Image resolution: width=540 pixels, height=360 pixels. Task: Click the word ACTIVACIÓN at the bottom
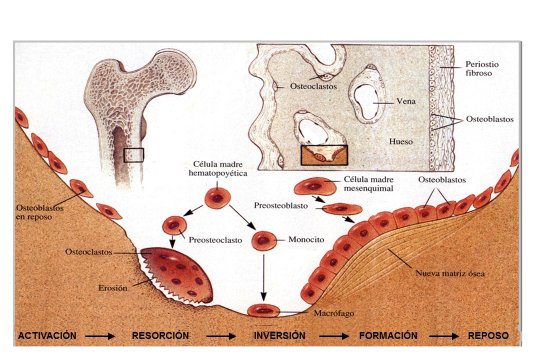point(47,336)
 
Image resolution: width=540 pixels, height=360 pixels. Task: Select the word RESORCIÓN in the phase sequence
point(160,336)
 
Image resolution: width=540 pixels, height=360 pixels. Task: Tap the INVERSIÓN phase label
point(279,336)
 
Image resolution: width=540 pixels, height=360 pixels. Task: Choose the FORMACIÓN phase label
point(388,336)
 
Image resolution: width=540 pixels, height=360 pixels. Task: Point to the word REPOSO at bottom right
point(488,336)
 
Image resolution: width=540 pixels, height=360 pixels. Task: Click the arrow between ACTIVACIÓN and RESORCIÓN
point(100,336)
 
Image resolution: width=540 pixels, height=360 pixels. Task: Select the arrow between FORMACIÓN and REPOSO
point(443,336)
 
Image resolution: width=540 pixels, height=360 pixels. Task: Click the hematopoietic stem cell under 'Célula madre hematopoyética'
point(217,197)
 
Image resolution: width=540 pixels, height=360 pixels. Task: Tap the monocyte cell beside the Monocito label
point(263,240)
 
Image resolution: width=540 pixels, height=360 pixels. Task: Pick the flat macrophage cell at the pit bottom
point(262,310)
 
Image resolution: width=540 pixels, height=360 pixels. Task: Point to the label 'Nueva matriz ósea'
point(450,273)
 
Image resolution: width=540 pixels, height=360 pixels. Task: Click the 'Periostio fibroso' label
point(482,68)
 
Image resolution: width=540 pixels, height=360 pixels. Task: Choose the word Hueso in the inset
point(401,141)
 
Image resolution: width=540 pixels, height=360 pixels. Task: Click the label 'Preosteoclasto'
point(215,240)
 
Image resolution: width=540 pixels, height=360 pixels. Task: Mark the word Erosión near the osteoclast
point(113,288)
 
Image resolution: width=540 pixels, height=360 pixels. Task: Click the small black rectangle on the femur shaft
point(133,155)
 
